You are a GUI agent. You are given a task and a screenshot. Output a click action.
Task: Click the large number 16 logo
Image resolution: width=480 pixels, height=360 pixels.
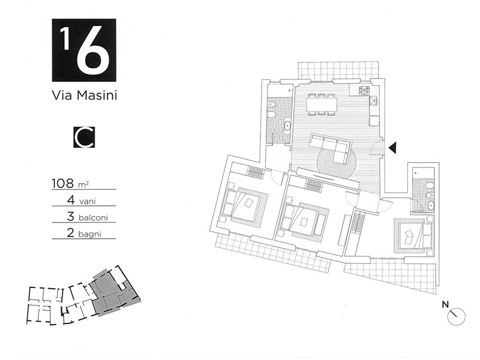pos(83,50)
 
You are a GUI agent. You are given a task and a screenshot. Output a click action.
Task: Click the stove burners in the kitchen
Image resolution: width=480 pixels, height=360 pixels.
pos(364,91)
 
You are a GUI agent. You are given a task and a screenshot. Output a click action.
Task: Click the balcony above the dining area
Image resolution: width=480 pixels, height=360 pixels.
pos(338,70)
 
